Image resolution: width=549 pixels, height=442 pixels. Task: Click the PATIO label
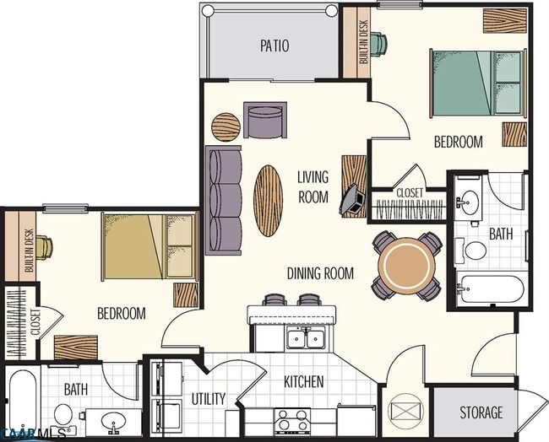point(273,46)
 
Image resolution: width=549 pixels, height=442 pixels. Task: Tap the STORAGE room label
point(481,412)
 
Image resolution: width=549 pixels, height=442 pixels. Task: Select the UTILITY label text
point(208,398)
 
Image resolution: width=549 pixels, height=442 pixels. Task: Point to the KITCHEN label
point(303,382)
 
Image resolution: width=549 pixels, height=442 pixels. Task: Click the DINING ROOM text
point(320,273)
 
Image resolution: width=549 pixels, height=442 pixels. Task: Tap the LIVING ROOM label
point(313,187)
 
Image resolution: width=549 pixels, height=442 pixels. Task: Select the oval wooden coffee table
point(268,200)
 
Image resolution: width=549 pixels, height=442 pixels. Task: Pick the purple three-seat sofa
point(223,199)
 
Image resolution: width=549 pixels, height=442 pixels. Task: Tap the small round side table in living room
point(226,127)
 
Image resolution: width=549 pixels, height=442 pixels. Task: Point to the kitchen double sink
point(305,339)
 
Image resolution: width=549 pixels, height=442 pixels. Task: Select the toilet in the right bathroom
point(475,251)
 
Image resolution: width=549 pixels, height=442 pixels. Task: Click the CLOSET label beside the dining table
point(410,193)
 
